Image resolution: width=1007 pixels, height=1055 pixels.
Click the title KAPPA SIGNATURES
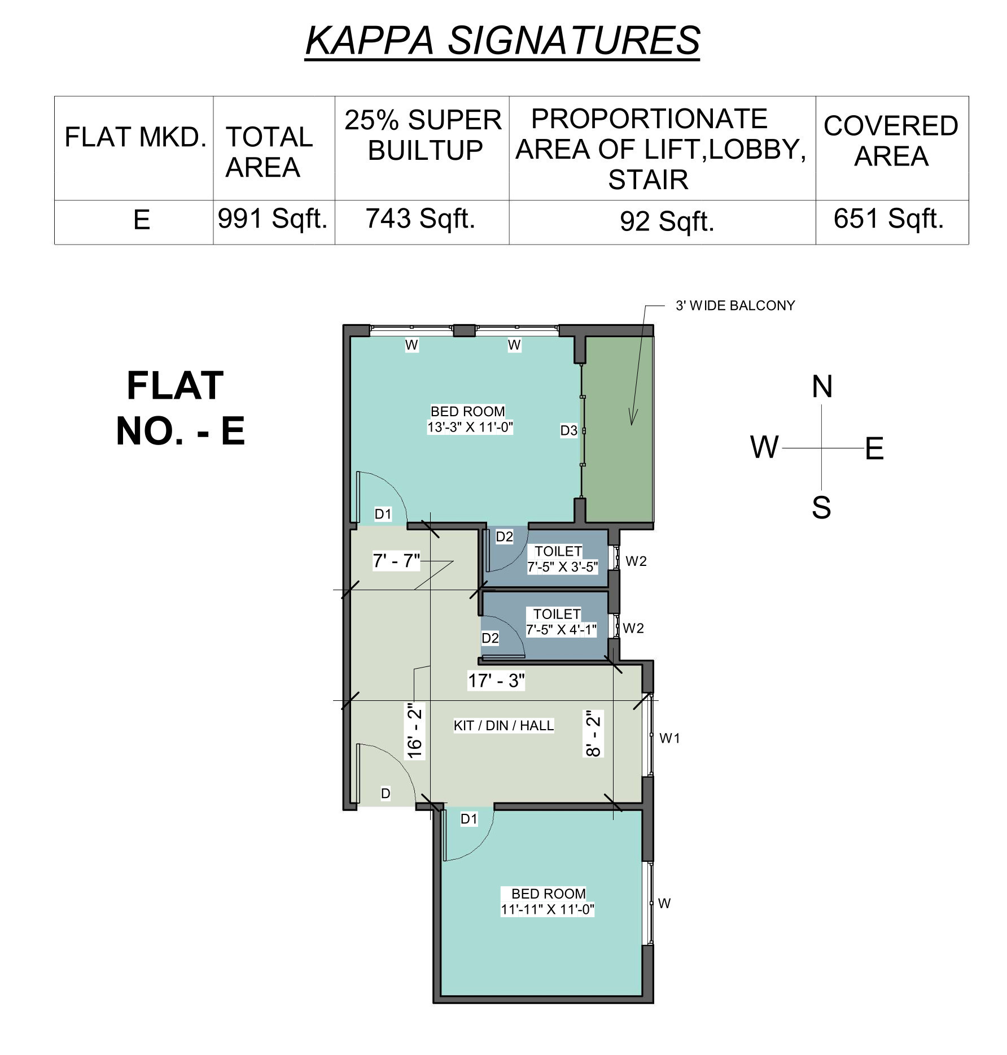pyautogui.click(x=502, y=40)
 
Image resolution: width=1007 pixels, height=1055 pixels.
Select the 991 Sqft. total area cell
pyautogui.click(x=273, y=219)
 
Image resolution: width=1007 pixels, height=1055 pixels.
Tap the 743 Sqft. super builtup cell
pyautogui.click(x=421, y=219)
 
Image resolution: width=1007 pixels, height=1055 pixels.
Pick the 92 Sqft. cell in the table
pyautogui.click(x=667, y=221)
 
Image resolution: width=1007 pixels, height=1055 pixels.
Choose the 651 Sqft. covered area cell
pyautogui.click(x=888, y=219)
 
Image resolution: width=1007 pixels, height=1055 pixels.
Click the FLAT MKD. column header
pyautogui.click(x=135, y=137)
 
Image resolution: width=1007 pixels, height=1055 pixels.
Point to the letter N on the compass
pyautogui.click(x=822, y=387)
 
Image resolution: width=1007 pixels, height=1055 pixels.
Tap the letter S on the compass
pyautogui.click(x=821, y=508)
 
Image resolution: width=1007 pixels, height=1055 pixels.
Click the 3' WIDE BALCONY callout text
pyautogui.click(x=735, y=306)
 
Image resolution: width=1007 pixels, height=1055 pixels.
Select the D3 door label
pyautogui.click(x=568, y=430)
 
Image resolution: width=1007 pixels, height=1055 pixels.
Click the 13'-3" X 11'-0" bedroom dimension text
pyautogui.click(x=470, y=427)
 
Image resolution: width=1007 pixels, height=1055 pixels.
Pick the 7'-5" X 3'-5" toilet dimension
pyautogui.click(x=562, y=567)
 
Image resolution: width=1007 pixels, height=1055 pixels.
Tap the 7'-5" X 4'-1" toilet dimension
pyautogui.click(x=561, y=630)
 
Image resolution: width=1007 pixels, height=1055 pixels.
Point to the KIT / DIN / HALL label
pyautogui.click(x=504, y=725)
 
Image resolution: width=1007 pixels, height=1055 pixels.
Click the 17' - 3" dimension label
pyautogui.click(x=496, y=681)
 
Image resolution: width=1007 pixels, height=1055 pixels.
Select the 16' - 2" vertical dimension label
pyautogui.click(x=415, y=730)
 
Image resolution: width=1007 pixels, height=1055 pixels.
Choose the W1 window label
pyautogui.click(x=669, y=738)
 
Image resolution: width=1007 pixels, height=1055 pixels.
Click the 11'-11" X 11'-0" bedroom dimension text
pyautogui.click(x=548, y=909)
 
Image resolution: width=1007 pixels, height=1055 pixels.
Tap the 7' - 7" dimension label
pyautogui.click(x=396, y=561)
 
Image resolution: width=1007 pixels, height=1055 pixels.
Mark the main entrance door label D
pyautogui.click(x=386, y=794)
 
